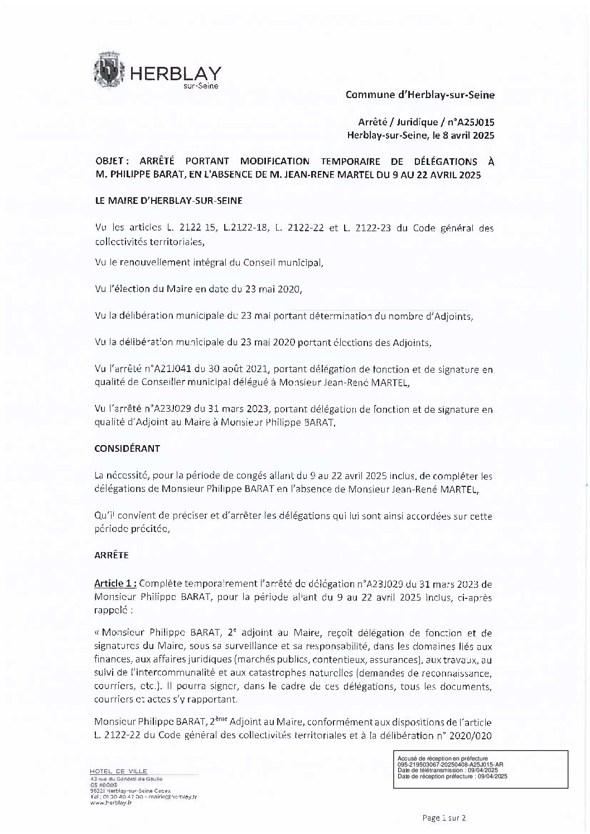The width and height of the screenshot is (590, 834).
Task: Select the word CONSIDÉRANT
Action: (x=127, y=448)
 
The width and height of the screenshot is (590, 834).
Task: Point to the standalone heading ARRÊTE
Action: (x=112, y=555)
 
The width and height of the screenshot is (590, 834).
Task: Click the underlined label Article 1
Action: (x=115, y=583)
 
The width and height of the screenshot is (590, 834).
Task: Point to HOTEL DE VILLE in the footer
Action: (x=118, y=771)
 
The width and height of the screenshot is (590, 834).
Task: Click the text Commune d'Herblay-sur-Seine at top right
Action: (x=420, y=95)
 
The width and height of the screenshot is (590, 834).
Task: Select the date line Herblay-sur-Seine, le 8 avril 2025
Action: (x=420, y=135)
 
